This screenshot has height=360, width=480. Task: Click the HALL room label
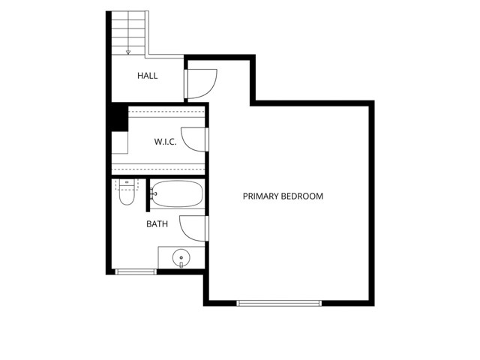click(147, 76)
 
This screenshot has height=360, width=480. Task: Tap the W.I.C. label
click(165, 142)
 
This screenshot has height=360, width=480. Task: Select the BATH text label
click(157, 224)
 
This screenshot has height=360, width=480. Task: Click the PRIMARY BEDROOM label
click(283, 196)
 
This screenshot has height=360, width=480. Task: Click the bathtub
click(177, 193)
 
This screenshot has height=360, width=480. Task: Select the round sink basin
click(181, 258)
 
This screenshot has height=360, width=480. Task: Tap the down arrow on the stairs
click(128, 52)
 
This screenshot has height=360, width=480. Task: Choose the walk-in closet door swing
click(186, 145)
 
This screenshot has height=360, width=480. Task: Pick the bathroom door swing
click(184, 233)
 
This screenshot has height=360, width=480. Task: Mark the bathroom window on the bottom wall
click(136, 271)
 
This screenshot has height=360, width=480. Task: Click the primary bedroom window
click(279, 303)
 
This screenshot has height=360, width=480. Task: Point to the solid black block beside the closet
click(119, 117)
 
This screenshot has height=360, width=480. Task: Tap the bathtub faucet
click(153, 193)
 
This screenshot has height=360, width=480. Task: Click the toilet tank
click(127, 183)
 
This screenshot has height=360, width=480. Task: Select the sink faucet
click(181, 265)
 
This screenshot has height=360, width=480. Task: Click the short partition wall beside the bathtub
click(148, 195)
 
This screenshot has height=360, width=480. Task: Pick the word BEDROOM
click(302, 196)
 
